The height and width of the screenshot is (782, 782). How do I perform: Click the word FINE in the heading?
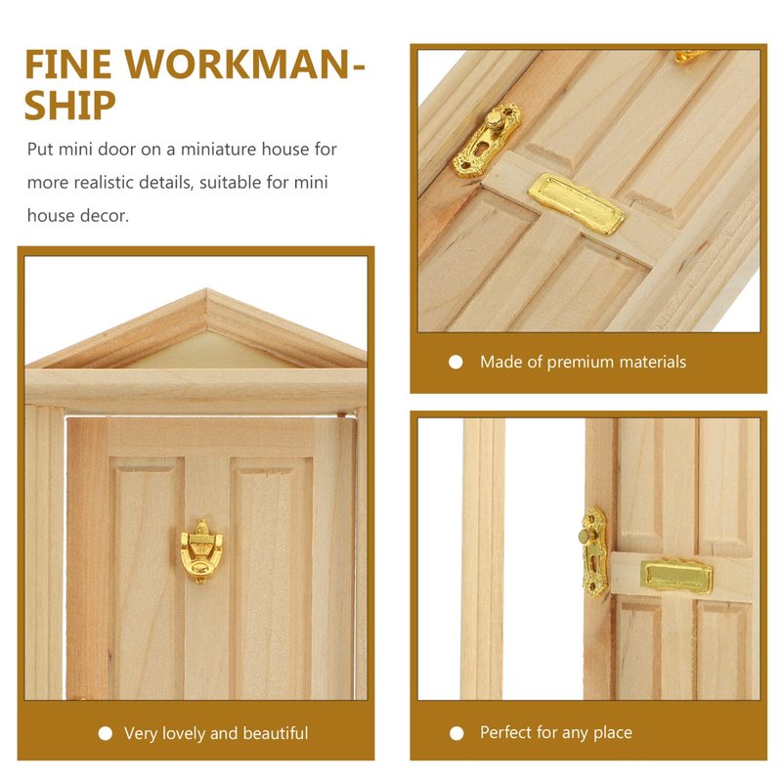[x=68, y=64]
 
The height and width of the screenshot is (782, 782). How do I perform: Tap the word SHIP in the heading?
[x=69, y=106]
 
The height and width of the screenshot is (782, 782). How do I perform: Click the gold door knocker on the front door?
[x=201, y=550]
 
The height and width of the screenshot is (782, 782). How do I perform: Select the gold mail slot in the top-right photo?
[x=576, y=203]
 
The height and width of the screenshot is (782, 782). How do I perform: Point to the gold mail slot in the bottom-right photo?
[x=676, y=576]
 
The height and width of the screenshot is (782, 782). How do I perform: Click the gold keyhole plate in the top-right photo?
[x=487, y=140]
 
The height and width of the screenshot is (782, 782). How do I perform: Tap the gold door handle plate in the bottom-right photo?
[x=594, y=551]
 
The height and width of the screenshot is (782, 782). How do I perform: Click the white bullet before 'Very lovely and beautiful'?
[x=106, y=733]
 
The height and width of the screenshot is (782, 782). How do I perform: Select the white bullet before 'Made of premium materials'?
[x=456, y=362]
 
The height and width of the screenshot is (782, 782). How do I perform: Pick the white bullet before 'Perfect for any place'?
[x=456, y=733]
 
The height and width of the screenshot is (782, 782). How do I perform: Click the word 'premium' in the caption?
[x=580, y=363]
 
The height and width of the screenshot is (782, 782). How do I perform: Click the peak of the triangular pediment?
[x=207, y=289]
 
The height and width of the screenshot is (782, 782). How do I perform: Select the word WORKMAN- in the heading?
[x=245, y=64]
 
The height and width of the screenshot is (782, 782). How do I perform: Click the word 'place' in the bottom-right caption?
[x=613, y=733]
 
